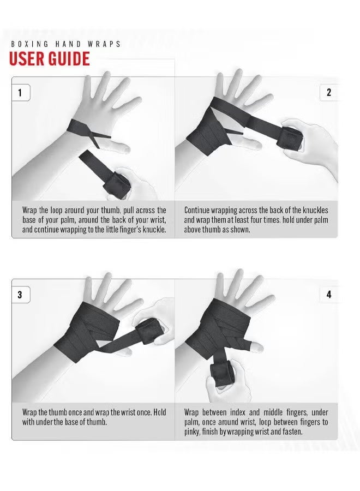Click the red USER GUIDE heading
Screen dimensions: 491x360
49,58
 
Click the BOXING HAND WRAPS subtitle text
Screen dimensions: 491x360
66,44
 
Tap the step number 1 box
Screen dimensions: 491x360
20,92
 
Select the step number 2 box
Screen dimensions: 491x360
328,92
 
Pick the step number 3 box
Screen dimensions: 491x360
20,295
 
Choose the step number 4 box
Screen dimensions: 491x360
328,295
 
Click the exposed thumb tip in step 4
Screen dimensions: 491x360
254,347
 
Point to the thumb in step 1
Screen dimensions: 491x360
117,146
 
